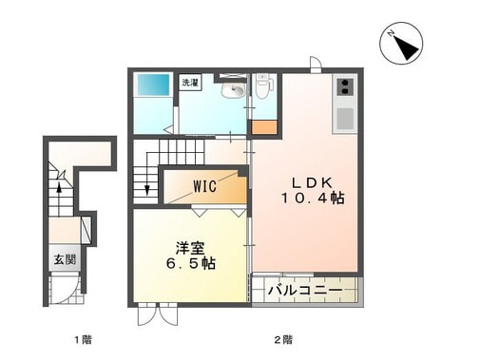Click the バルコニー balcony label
tap(303, 290)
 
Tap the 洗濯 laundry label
tap(191, 84)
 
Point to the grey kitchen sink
tap(343, 119)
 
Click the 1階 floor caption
tap(84, 339)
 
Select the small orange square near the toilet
tap(259, 125)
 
